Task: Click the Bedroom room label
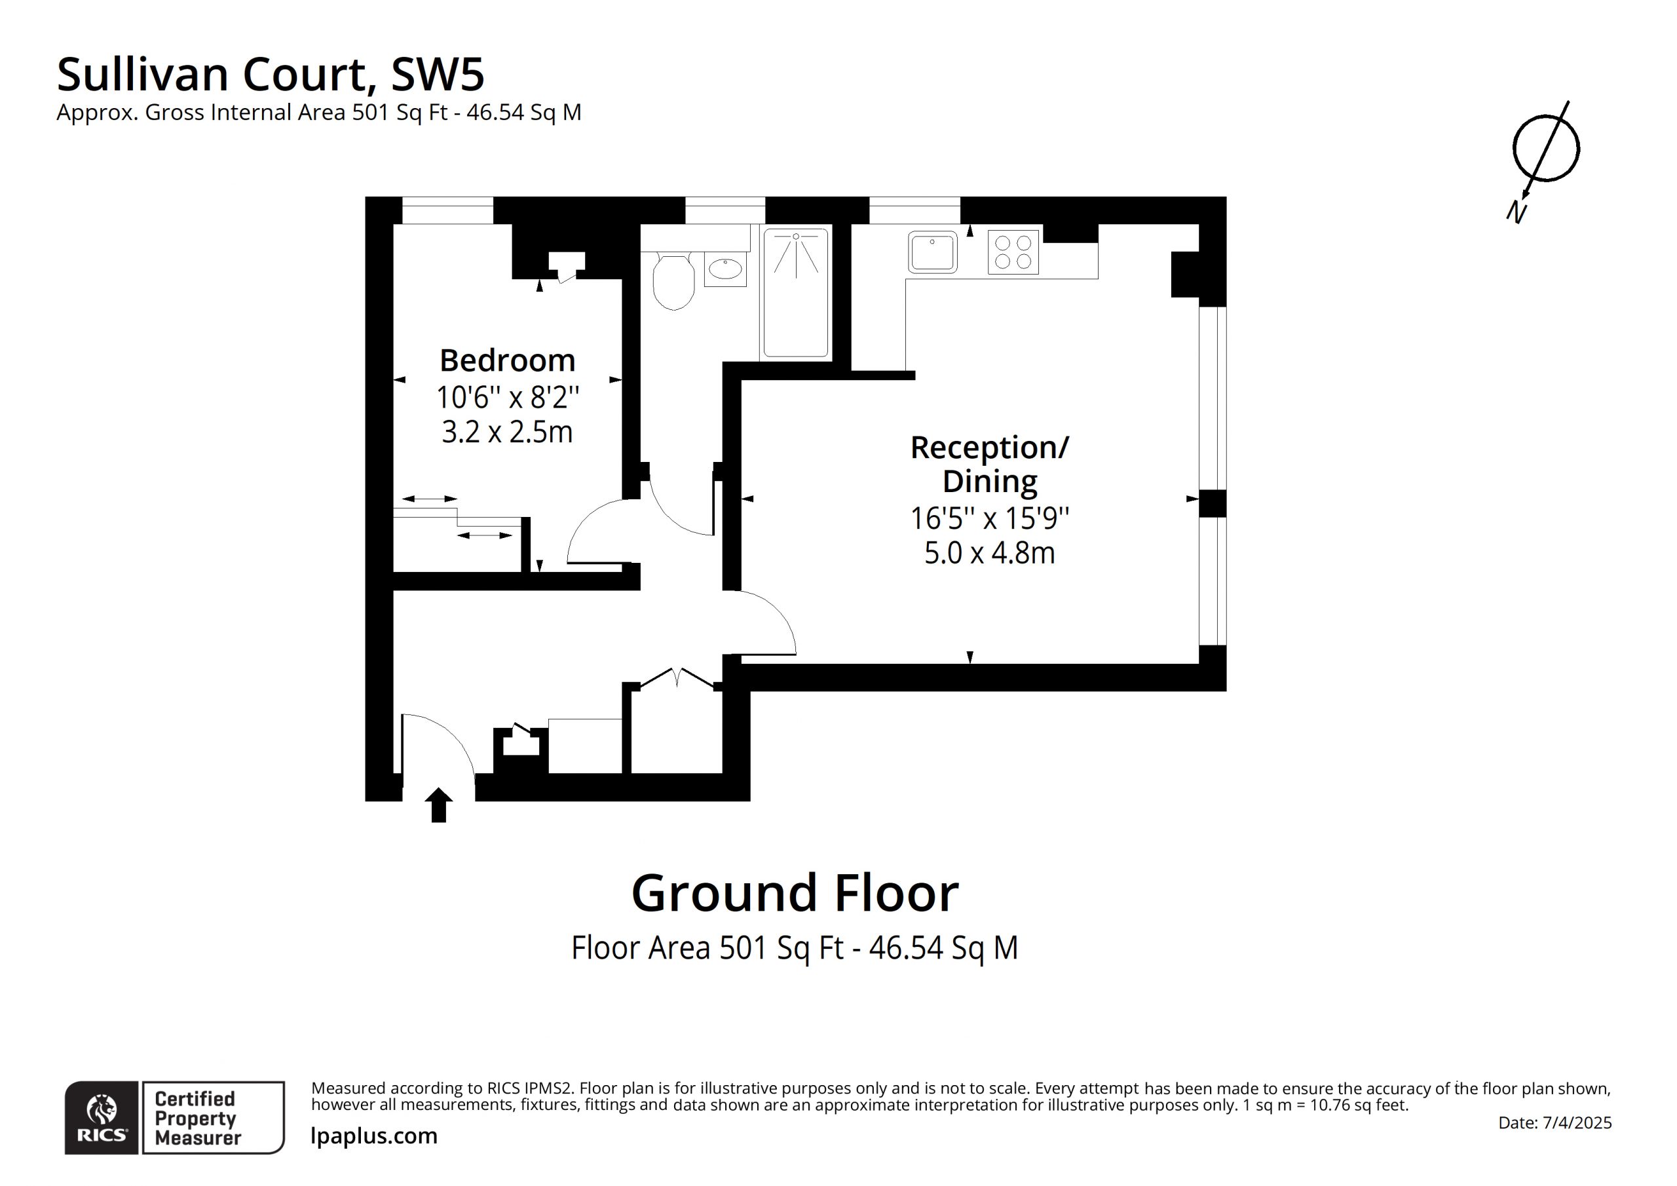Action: click(x=507, y=360)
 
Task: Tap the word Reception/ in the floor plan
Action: click(x=989, y=448)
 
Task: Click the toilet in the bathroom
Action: click(x=673, y=280)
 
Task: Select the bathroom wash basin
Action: click(x=725, y=270)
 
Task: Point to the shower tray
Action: click(x=795, y=293)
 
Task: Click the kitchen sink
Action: click(x=933, y=252)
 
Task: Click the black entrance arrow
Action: click(x=438, y=805)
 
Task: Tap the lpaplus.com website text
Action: click(x=374, y=1136)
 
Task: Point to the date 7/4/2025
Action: click(x=1576, y=1122)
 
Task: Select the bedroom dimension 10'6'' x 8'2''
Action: click(x=508, y=398)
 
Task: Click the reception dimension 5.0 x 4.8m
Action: click(x=990, y=553)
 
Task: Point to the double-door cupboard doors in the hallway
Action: click(x=677, y=678)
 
